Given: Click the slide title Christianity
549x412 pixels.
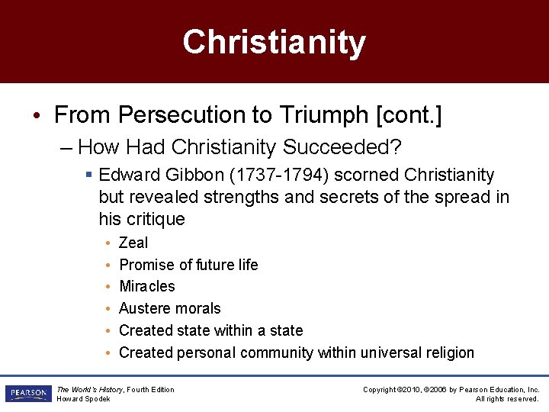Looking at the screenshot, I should [x=274, y=42].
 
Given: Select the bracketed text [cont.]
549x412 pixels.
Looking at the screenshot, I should [x=409, y=115].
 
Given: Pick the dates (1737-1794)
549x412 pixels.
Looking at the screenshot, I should [x=278, y=175].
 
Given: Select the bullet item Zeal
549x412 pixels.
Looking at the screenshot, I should [x=133, y=243].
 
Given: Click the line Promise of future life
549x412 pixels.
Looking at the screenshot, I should [x=188, y=265].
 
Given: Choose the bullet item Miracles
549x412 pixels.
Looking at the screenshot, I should [x=147, y=286].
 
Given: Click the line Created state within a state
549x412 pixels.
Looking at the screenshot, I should [x=211, y=330].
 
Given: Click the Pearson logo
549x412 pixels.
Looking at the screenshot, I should [x=27, y=394].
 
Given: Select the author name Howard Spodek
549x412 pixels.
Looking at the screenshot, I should [x=84, y=399].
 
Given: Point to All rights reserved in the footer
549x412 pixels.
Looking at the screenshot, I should [x=507, y=399].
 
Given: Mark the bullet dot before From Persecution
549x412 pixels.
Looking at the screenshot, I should [x=37, y=116].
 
